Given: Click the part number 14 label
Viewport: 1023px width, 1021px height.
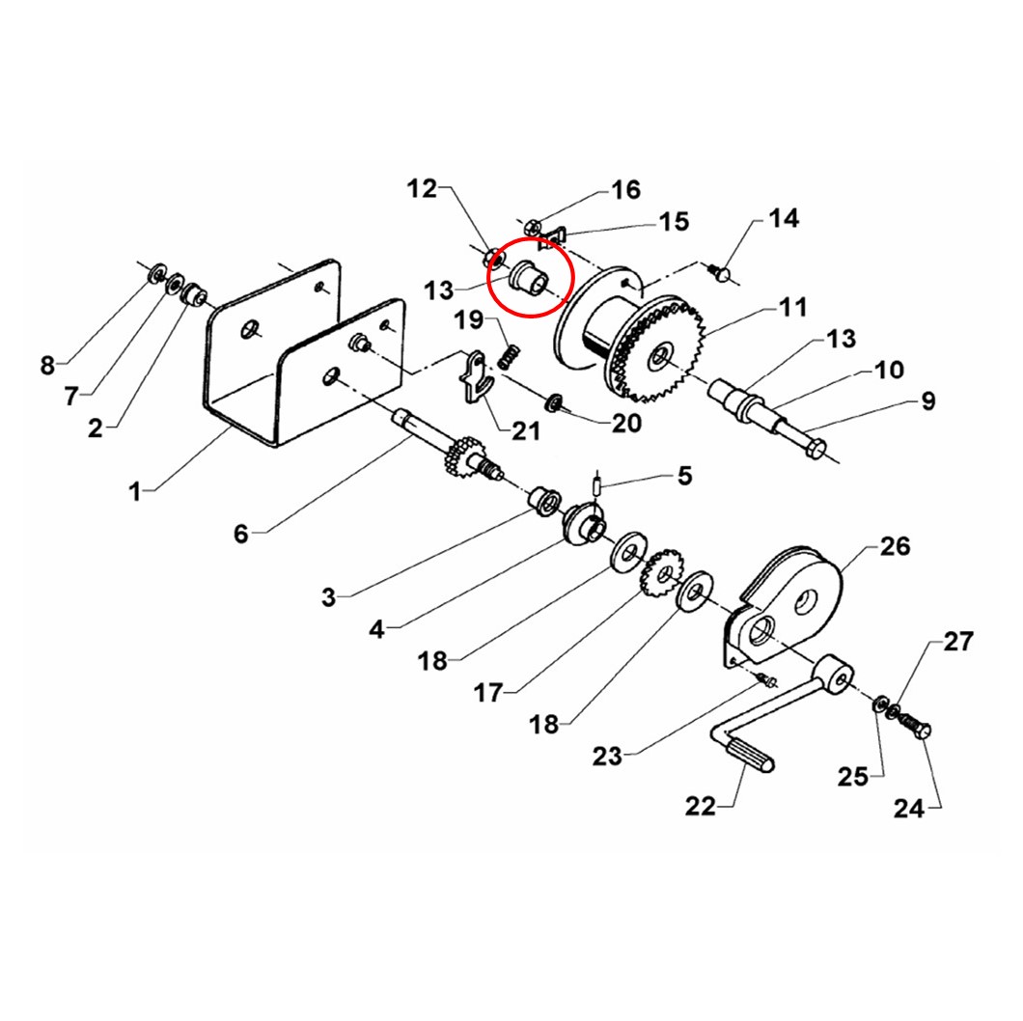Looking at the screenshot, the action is pos(783,218).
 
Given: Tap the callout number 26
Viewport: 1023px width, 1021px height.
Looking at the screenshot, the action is pos(896,546).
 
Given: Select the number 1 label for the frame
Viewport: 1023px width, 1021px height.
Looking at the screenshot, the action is pos(135,491).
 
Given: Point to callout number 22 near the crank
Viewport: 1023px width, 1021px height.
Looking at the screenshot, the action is pos(700,807).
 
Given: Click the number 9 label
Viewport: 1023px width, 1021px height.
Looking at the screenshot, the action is pos(927,400).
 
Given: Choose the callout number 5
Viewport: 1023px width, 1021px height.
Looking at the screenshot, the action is pos(684,476).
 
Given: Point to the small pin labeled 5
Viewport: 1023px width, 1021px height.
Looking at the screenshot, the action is pos(597,487).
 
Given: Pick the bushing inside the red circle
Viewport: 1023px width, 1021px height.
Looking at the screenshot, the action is pos(530,277).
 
